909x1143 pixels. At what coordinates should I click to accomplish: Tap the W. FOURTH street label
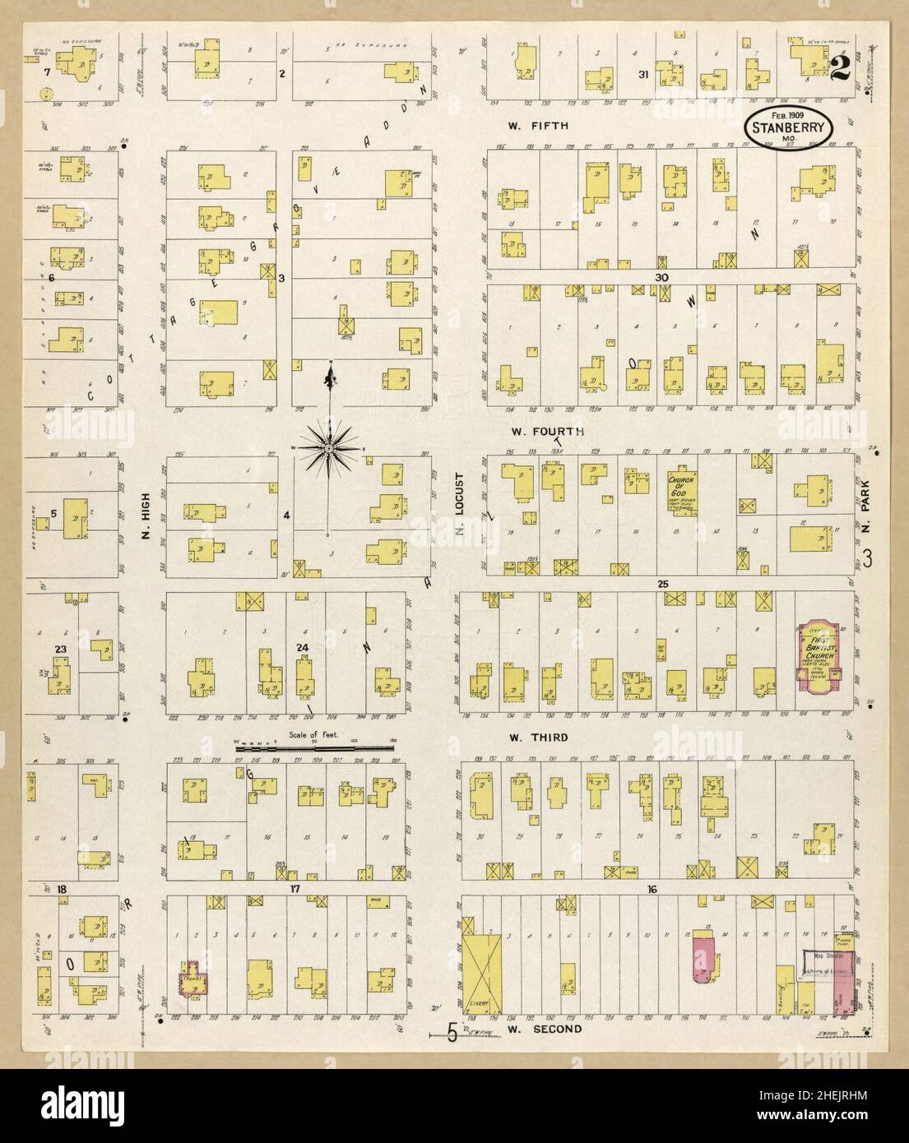(547, 431)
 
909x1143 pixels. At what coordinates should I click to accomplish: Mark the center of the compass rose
(328, 448)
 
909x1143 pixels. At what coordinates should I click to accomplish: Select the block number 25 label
(661, 584)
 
